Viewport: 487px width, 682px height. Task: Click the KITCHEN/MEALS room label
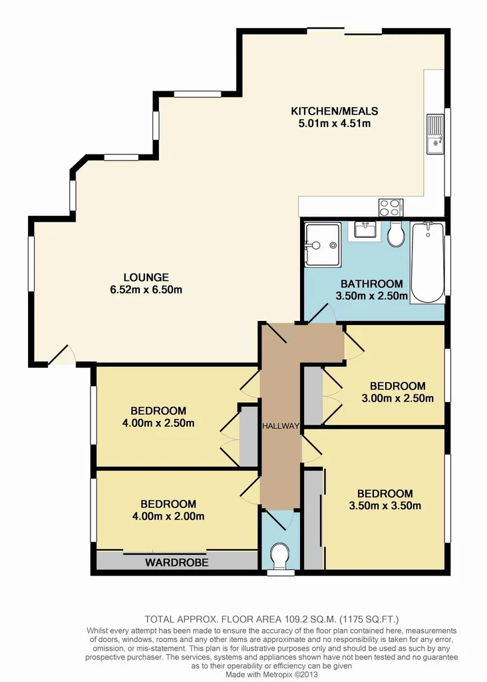point(335,111)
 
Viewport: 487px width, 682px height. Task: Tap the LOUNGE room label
point(146,277)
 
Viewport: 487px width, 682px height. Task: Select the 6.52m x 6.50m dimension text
point(146,290)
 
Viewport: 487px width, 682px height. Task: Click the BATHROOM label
point(372,283)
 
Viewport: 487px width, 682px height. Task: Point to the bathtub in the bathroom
point(427,262)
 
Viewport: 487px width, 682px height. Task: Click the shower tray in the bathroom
point(321,244)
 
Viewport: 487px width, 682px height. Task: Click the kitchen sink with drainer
point(436,133)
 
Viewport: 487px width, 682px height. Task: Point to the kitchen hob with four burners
point(389,207)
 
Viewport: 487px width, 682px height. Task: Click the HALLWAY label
point(279,426)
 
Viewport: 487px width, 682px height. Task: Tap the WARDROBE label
point(176,563)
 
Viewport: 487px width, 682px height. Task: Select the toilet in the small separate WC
point(280,554)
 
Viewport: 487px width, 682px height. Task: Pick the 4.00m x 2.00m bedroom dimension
point(168,516)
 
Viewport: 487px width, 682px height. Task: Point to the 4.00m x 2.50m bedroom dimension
point(158,423)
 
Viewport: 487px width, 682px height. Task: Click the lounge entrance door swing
point(61,356)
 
